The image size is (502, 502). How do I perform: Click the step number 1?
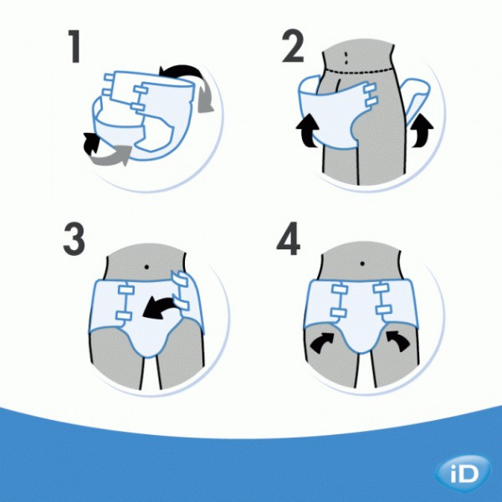75,46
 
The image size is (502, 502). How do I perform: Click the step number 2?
293,45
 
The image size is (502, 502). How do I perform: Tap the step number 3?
74,238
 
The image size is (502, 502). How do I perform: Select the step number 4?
288,238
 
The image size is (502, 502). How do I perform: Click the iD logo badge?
463,474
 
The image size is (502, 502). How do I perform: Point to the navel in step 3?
147,267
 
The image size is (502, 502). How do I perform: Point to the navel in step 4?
362,264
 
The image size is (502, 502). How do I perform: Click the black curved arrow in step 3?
159,308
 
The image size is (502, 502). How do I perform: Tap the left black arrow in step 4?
321,342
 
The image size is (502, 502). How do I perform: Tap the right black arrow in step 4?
398,341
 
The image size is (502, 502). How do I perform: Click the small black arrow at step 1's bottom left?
90,143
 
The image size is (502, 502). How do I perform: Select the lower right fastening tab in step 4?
383,310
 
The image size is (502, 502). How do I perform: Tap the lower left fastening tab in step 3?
124,315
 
